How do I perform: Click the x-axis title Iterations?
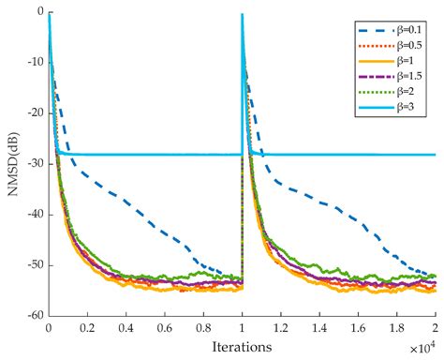[242, 347]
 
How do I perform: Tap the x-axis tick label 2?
[436, 329]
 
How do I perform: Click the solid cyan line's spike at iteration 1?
[242, 19]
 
